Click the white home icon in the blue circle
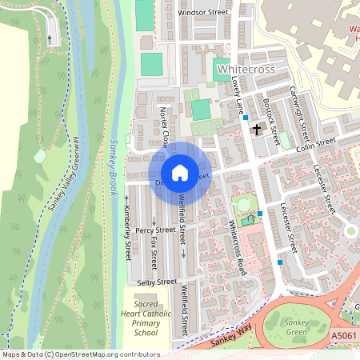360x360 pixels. [180, 173]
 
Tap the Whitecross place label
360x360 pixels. [246, 70]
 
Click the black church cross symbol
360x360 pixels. [257, 129]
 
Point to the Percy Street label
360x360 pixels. [155, 230]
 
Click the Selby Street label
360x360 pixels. [157, 282]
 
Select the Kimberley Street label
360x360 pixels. [126, 232]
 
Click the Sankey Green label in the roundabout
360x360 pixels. [297, 326]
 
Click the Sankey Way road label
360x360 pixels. [232, 336]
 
